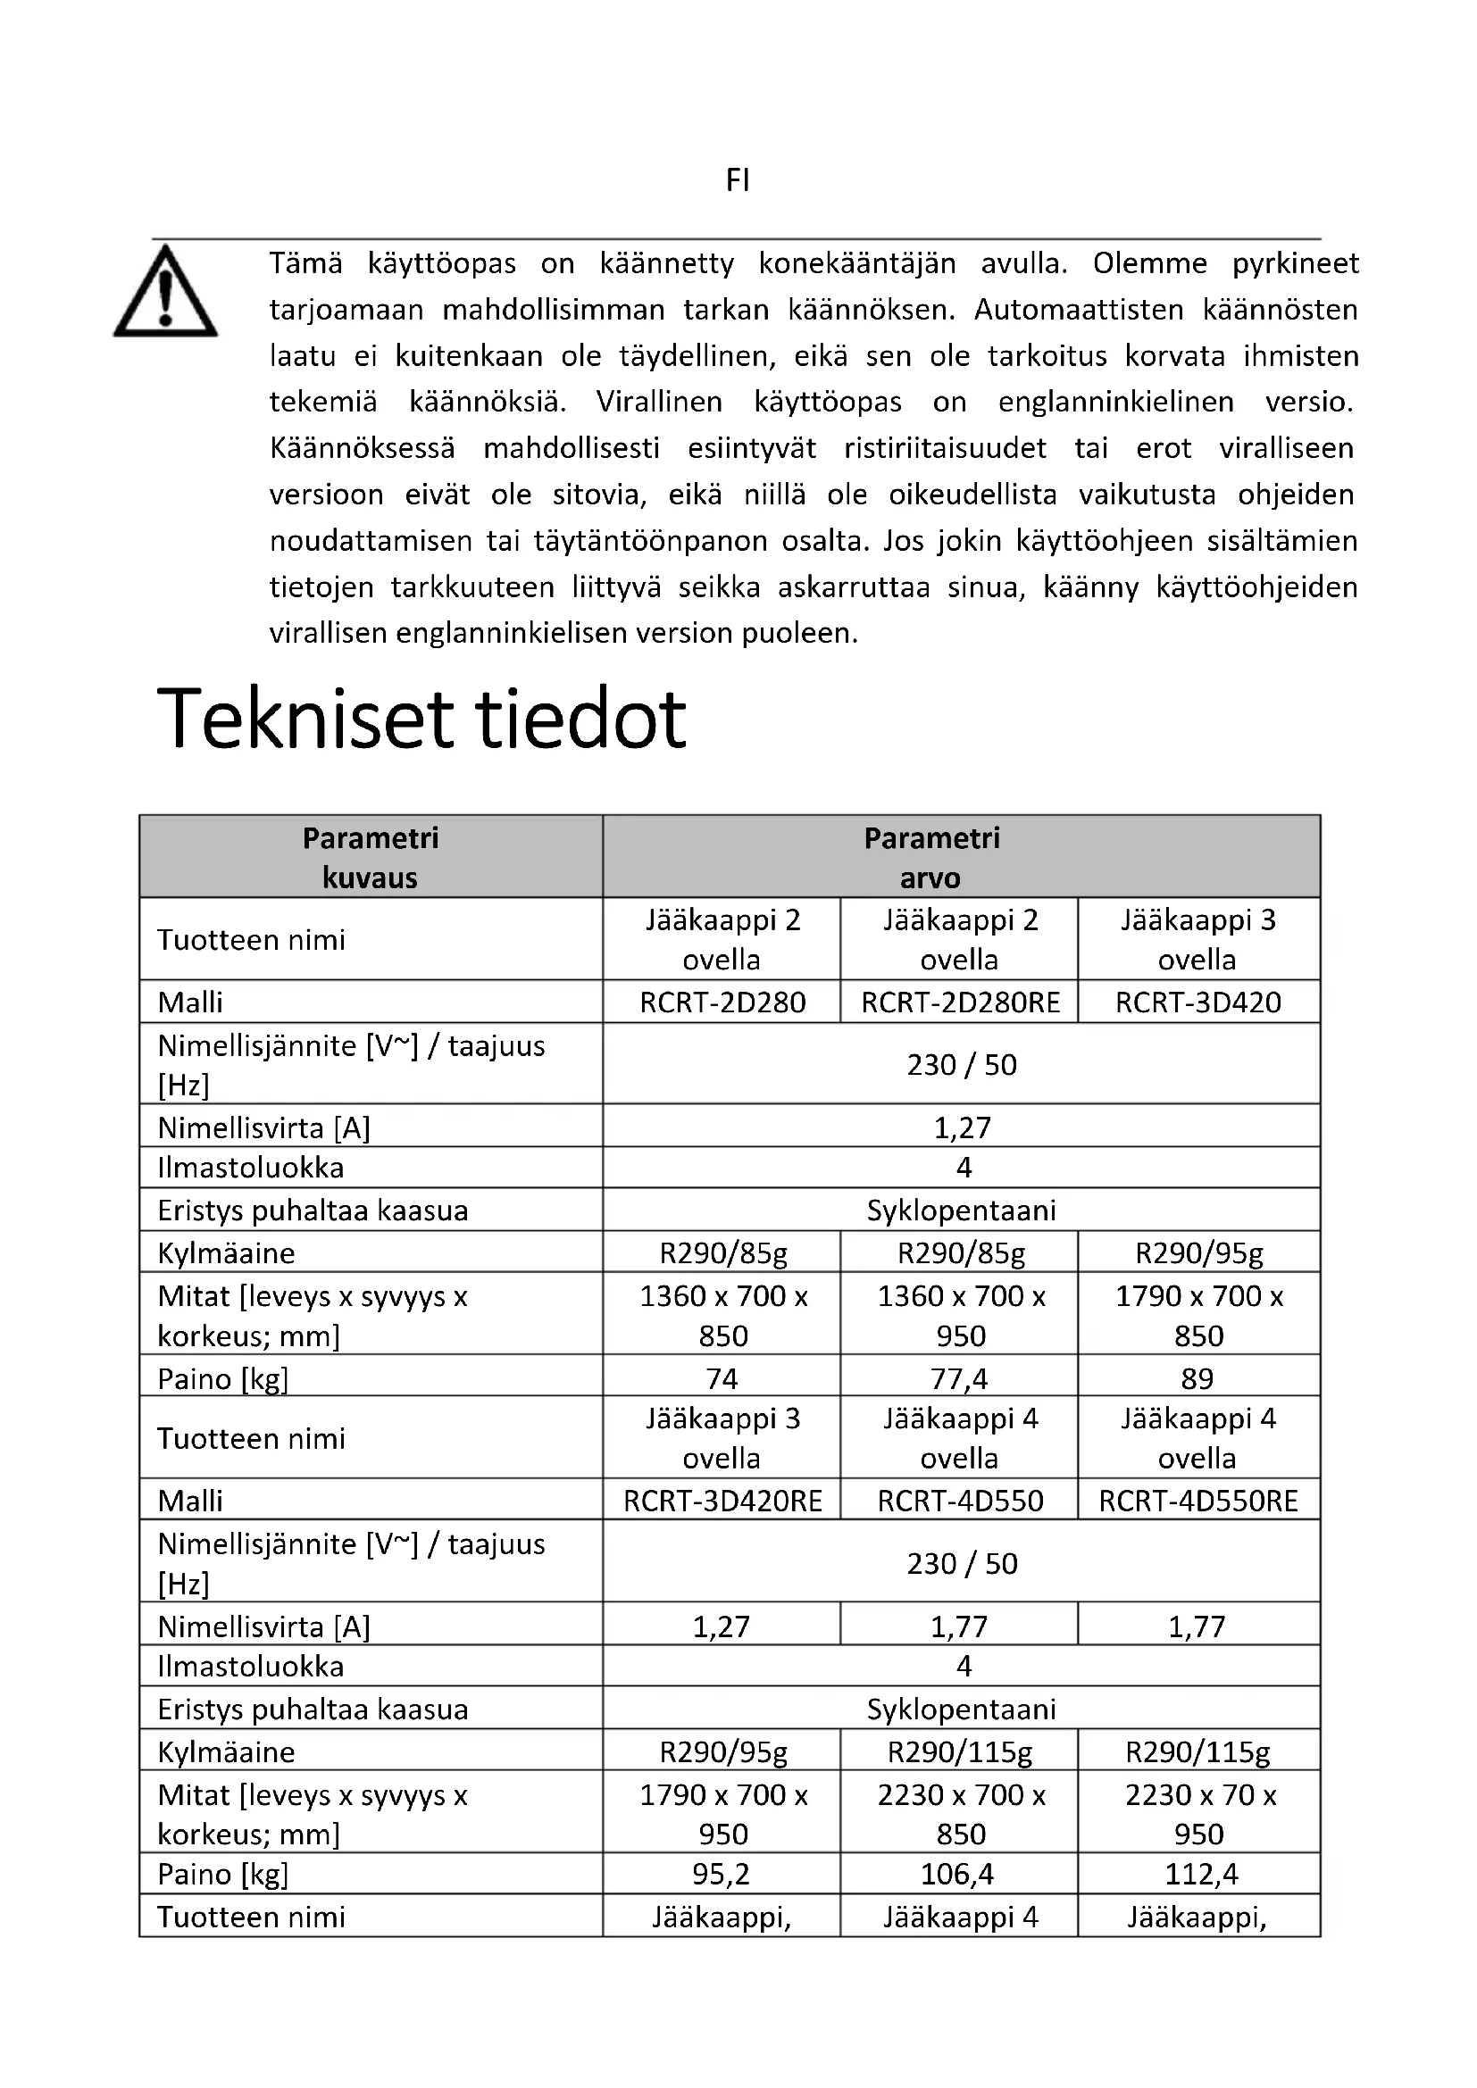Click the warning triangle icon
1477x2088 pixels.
[x=164, y=294]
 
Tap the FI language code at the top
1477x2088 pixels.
[x=738, y=181]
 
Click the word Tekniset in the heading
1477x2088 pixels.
[x=304, y=720]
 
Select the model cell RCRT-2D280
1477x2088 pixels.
[x=722, y=1002]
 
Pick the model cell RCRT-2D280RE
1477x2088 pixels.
[x=961, y=1002]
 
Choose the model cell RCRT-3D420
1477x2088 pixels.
[x=1197, y=1002]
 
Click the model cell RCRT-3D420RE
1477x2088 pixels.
[x=722, y=1501]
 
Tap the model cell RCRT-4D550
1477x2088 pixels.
[x=961, y=1501]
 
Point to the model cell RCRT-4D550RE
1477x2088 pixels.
[x=1197, y=1501]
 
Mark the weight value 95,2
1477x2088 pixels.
[x=722, y=1875]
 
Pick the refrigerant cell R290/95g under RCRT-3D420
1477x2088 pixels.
[x=1198, y=1253]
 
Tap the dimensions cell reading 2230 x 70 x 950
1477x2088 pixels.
[x=1199, y=1814]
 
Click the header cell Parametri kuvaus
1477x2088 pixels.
[x=371, y=858]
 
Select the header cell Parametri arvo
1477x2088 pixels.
[x=931, y=858]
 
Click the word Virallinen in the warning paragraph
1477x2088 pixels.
[x=658, y=402]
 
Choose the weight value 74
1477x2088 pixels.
[x=722, y=1378]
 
